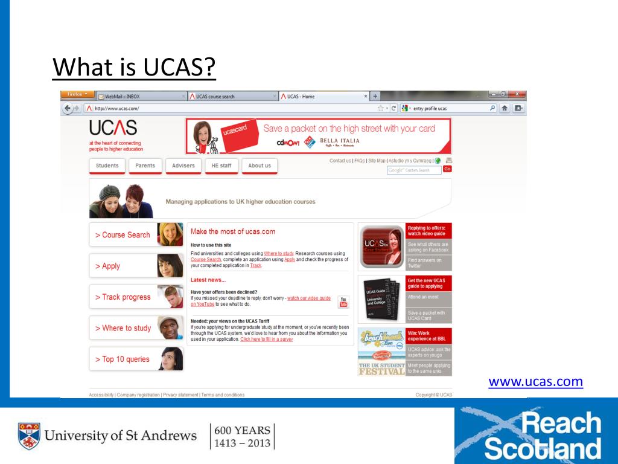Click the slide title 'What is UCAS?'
click(134, 66)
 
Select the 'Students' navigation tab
click(107, 166)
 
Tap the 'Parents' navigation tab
click(145, 166)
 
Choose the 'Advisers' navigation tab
click(183, 166)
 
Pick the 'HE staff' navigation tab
click(221, 166)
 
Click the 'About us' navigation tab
click(260, 166)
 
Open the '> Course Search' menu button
click(123, 235)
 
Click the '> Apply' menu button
click(112, 266)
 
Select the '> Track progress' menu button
click(123, 297)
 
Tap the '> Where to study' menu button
click(123, 328)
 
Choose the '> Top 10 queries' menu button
click(123, 359)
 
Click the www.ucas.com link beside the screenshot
click(535, 382)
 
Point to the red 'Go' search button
click(447, 169)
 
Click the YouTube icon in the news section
click(343, 302)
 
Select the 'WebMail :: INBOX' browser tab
click(123, 96)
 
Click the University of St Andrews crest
click(28, 436)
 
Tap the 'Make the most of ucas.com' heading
click(233, 231)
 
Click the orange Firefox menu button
click(77, 94)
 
